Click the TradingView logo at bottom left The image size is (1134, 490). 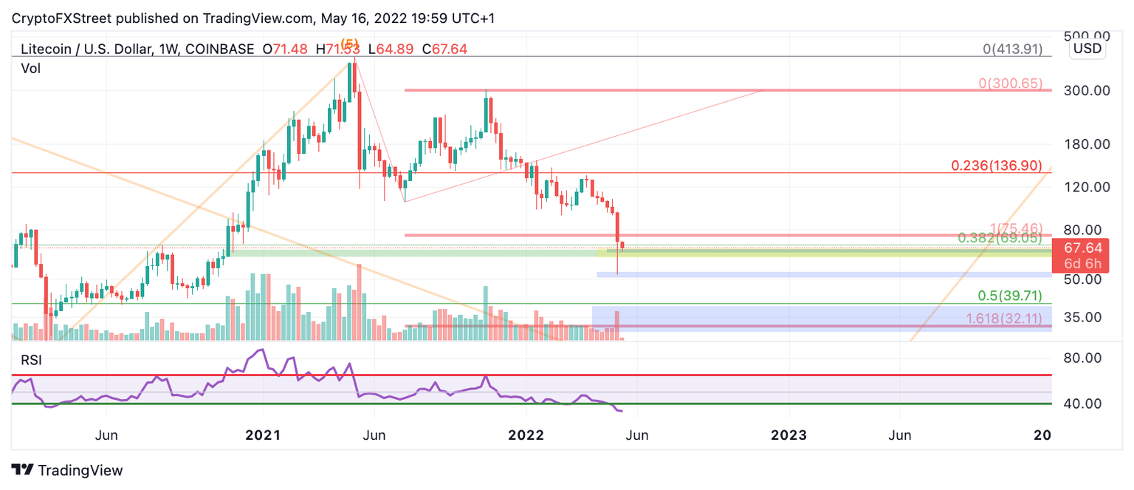pyautogui.click(x=67, y=470)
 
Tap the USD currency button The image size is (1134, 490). pyautogui.click(x=1087, y=49)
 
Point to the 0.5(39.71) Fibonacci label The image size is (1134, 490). pyautogui.click(x=1010, y=296)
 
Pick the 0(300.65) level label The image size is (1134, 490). pyautogui.click(x=1010, y=84)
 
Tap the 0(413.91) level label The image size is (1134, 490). pyautogui.click(x=1012, y=50)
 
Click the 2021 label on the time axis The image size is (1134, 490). pyautogui.click(x=262, y=435)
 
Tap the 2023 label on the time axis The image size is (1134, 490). pyautogui.click(x=788, y=435)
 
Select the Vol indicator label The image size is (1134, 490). pyautogui.click(x=30, y=69)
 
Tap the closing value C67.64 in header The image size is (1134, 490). pyautogui.click(x=444, y=50)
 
